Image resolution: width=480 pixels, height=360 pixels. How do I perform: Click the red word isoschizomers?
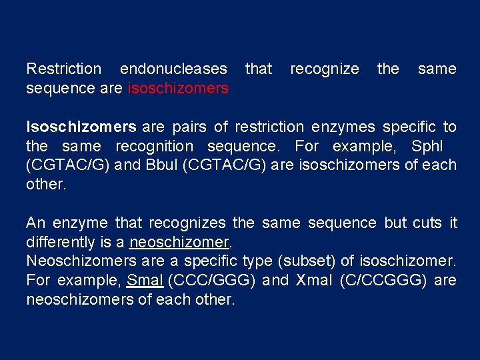[x=178, y=88]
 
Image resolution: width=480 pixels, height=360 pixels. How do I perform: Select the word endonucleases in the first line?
[x=173, y=69]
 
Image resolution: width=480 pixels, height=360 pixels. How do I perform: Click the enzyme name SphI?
[x=427, y=146]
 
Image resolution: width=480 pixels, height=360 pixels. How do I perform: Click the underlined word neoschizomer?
[x=179, y=241]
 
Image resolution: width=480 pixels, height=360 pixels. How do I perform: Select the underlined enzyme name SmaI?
[x=145, y=280]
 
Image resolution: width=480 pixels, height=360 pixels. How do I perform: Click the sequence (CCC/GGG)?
[x=213, y=280]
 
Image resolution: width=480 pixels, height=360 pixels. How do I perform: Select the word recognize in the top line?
[x=324, y=69]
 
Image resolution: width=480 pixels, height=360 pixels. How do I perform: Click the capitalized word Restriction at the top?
[x=64, y=69]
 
